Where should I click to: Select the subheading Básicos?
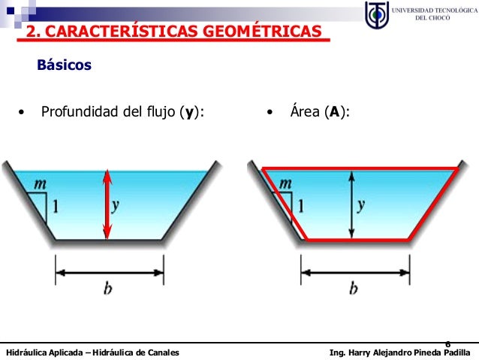(64, 65)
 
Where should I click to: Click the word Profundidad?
(80, 113)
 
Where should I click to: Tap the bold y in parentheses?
(191, 113)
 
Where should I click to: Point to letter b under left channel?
(108, 289)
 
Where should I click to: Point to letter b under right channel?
(353, 289)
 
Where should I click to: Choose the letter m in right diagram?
(285, 183)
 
